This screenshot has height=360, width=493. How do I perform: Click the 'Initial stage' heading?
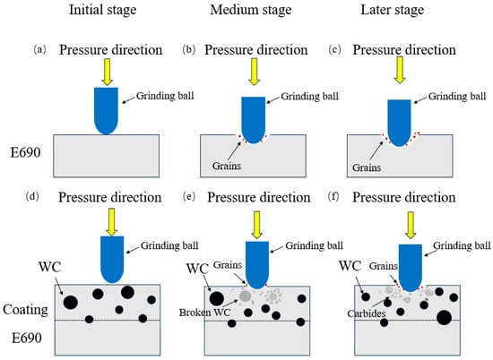click(103, 10)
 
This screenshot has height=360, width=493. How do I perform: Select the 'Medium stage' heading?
click(251, 10)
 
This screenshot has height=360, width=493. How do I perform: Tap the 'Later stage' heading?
click(392, 10)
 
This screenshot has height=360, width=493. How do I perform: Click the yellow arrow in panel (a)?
click(108, 72)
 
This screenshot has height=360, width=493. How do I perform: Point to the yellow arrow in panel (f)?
click(411, 225)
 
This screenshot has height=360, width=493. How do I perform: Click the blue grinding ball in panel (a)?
click(106, 111)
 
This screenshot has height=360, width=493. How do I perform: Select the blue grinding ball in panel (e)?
click(257, 265)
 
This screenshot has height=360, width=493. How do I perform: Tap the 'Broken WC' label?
click(204, 313)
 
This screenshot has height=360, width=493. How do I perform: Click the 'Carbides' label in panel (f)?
click(367, 313)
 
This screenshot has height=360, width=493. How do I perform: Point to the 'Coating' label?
click(25, 310)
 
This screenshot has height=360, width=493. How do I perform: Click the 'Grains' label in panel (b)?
click(227, 166)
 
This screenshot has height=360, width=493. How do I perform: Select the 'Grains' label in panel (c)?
click(367, 167)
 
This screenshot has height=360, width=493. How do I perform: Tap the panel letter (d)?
click(32, 197)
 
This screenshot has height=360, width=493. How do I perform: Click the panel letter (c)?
click(334, 49)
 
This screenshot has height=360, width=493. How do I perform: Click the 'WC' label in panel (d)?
click(49, 268)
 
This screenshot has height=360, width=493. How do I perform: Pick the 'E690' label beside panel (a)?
click(25, 152)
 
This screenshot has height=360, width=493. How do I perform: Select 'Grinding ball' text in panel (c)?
click(457, 97)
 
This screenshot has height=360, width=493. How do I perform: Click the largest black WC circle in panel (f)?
click(445, 318)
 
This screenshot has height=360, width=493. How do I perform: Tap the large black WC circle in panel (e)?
click(217, 298)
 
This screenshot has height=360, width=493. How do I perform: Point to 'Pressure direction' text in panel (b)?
click(256, 50)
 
